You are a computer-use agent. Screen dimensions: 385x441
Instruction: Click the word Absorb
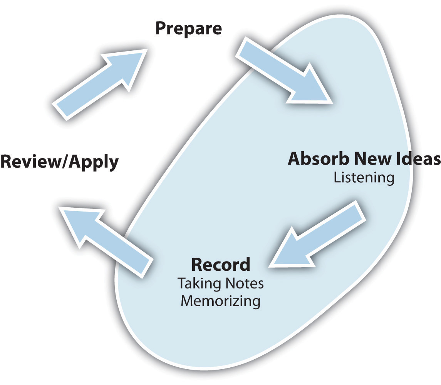click(314, 158)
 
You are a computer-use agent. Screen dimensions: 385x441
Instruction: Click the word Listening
click(364, 178)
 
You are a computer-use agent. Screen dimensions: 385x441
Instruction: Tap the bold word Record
click(220, 265)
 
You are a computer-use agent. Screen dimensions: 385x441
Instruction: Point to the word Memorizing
click(220, 301)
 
